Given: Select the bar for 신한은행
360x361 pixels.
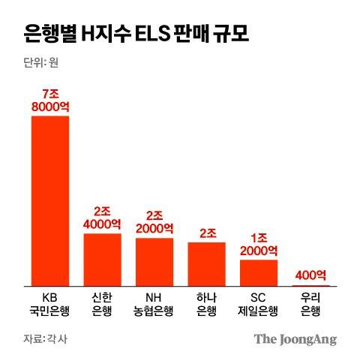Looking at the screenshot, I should [x=102, y=259].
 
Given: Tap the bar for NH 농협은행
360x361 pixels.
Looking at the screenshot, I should [x=154, y=261].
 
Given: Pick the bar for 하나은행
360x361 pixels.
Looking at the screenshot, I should [x=206, y=263].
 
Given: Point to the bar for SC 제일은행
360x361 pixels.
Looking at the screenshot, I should [x=259, y=272].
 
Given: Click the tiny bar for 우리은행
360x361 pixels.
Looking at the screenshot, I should [x=310, y=285].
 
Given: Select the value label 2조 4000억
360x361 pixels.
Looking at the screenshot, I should [x=102, y=218].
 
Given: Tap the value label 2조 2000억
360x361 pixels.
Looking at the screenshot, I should [x=154, y=221].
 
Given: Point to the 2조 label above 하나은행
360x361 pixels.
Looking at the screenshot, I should [x=206, y=232].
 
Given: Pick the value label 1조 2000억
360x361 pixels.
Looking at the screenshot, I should [x=259, y=244].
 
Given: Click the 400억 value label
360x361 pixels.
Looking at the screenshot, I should [x=310, y=275].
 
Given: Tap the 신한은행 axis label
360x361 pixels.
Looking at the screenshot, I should [x=102, y=304].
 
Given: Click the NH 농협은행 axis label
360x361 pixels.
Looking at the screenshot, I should [x=154, y=304].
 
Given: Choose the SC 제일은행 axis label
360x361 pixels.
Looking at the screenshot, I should [x=259, y=304].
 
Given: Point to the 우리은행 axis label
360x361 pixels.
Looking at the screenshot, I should [x=310, y=304].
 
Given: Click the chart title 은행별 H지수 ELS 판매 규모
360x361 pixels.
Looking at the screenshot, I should [x=135, y=34].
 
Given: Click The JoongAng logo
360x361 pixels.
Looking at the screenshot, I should [x=294, y=338].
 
